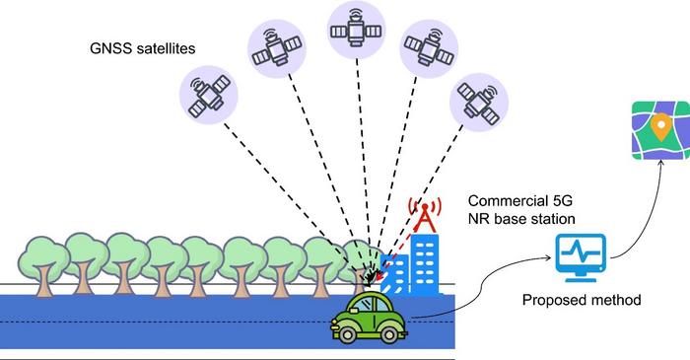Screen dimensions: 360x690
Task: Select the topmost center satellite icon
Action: [355, 30]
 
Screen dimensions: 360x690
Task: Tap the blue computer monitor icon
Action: [581, 254]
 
